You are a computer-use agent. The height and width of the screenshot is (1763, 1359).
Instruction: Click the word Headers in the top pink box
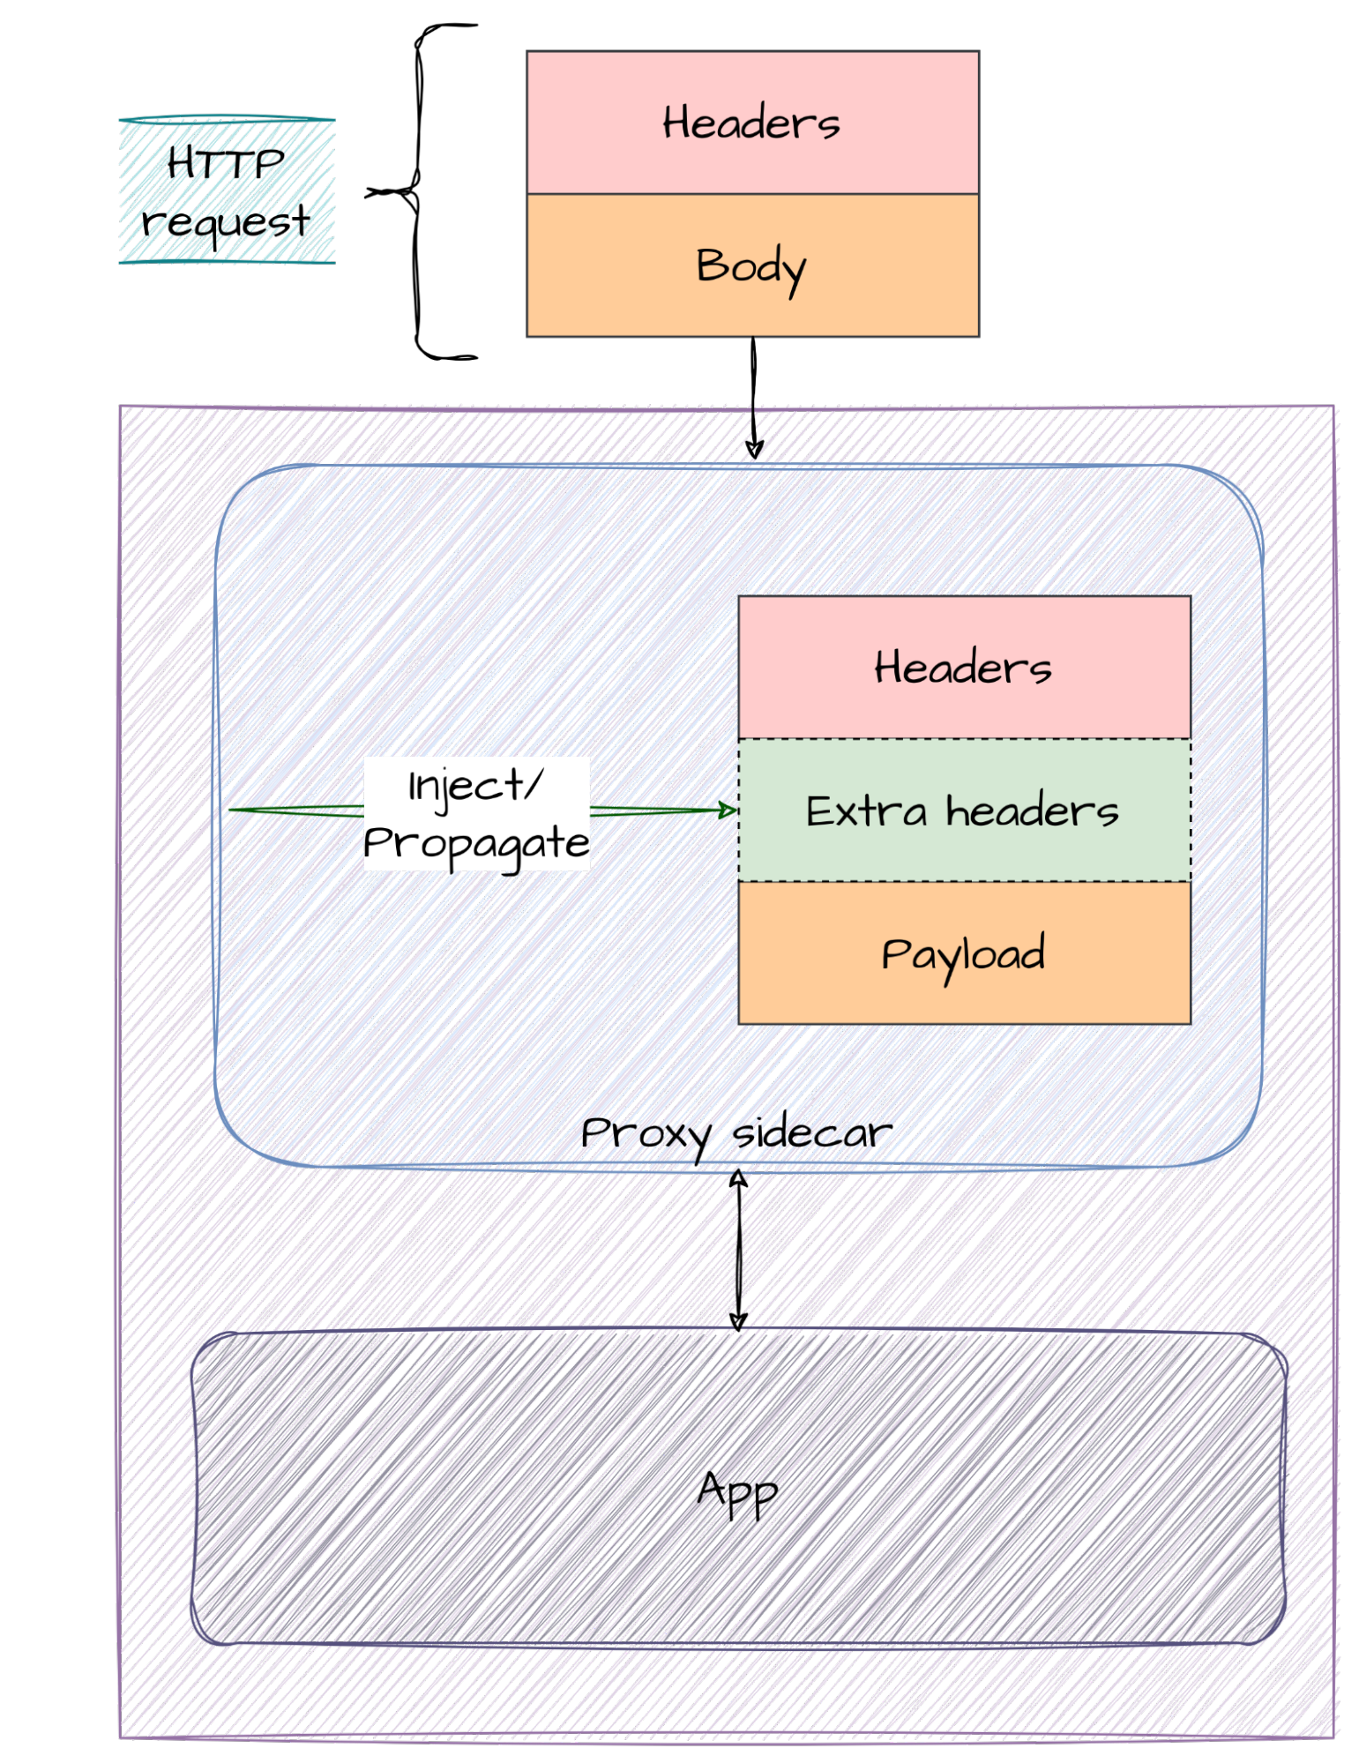[751, 123]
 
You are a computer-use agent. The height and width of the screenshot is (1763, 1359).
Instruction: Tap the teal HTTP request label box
[227, 190]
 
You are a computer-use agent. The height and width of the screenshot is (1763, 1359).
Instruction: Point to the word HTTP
[226, 163]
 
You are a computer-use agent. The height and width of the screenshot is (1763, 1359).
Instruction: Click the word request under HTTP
[226, 220]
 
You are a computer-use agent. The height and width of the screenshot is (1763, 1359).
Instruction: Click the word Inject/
[474, 786]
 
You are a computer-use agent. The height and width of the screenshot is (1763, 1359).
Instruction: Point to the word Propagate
[476, 843]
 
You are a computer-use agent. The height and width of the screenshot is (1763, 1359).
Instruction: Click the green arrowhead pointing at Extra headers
[728, 810]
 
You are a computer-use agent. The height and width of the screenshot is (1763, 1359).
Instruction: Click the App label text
[737, 1492]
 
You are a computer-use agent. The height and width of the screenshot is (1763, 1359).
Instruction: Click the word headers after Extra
[1032, 811]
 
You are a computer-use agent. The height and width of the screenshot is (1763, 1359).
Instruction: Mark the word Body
[751, 266]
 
